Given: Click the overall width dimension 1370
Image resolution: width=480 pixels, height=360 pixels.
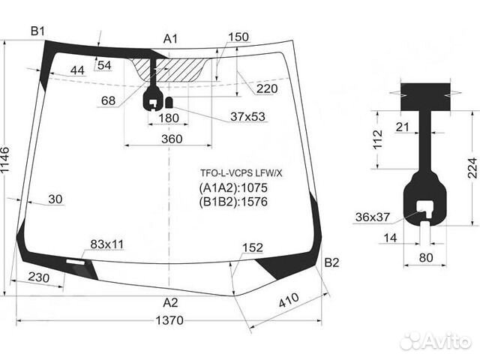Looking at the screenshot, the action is [x=169, y=320].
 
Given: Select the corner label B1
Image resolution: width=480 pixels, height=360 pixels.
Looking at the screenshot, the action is [x=38, y=31].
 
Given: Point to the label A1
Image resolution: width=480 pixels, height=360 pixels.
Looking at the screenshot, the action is [x=170, y=39].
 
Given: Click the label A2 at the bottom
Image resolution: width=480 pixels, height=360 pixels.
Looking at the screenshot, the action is [x=170, y=303].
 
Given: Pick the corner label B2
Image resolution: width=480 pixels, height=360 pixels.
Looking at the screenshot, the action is [x=331, y=262].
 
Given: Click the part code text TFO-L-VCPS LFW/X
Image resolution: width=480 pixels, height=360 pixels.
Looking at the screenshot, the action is [x=241, y=173].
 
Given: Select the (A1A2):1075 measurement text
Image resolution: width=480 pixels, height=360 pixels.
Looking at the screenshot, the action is [x=233, y=187].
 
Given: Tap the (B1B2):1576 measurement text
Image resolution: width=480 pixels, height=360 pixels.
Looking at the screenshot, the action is [x=233, y=202].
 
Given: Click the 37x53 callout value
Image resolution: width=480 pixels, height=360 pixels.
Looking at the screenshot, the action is [x=247, y=117].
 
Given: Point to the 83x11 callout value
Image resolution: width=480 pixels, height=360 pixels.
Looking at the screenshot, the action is [x=107, y=244].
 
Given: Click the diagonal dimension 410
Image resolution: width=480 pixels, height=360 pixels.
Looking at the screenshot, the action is [x=288, y=300].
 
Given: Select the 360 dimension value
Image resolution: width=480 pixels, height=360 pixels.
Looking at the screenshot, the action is [x=172, y=139].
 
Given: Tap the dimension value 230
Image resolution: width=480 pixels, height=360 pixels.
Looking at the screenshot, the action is [x=38, y=277].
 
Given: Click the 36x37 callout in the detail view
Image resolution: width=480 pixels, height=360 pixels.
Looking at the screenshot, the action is [x=373, y=217].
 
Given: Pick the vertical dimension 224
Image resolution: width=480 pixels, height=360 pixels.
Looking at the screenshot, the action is [x=472, y=168].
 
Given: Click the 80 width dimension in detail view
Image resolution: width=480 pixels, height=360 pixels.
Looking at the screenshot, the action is [x=426, y=258].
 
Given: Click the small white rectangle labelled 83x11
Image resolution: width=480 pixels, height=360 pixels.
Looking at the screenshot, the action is [x=76, y=262].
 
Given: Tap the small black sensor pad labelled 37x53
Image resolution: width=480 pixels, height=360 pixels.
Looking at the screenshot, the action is [x=169, y=102].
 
